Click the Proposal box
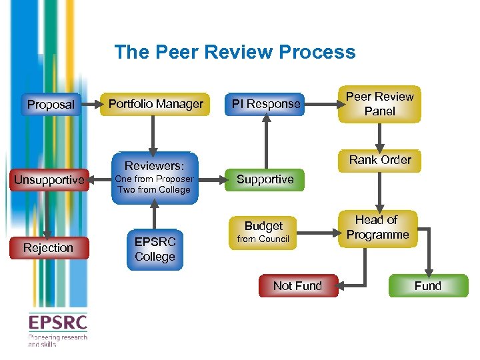coord(51,105)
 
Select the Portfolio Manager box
coord(156,104)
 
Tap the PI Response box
coord(265,104)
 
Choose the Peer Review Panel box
coord(379,104)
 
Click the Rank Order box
coord(380,160)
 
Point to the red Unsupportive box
coord(49,180)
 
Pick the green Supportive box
coord(265,179)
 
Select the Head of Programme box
coord(378,228)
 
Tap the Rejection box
coord(48,248)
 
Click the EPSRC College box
coord(155,249)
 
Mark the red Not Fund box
coord(297,286)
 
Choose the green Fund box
coord(427,286)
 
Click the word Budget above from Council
coord(263,226)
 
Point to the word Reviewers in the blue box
coord(154,165)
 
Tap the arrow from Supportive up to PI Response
coord(265,143)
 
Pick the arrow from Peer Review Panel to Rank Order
coord(380,136)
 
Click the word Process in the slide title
coord(317,52)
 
